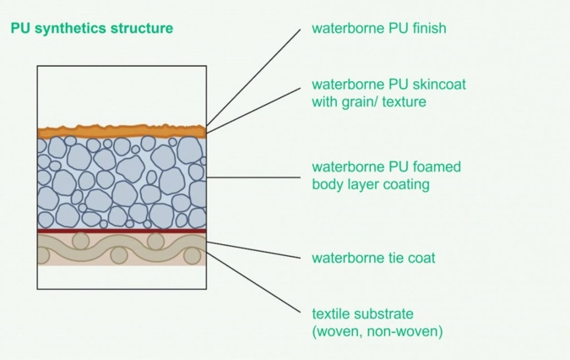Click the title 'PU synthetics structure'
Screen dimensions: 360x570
point(91,28)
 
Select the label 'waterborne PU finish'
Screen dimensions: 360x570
point(379,28)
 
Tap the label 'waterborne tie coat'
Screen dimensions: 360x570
point(374,258)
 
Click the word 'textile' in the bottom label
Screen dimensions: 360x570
point(333,313)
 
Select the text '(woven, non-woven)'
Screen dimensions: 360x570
point(377,330)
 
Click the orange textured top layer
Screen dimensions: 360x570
point(122,131)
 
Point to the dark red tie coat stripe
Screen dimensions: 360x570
point(122,231)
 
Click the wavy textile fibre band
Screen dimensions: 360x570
point(122,248)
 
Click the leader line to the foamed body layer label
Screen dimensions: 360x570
point(253,177)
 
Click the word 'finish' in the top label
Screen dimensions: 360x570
point(428,28)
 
